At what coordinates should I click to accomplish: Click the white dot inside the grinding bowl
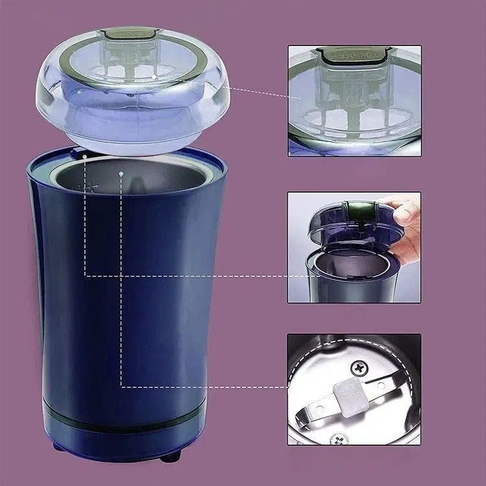[121, 173]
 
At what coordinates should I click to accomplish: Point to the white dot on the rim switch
[85, 156]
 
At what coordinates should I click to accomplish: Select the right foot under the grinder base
[170, 456]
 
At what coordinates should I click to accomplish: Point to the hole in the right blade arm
[382, 385]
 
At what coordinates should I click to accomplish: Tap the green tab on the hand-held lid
[355, 209]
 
